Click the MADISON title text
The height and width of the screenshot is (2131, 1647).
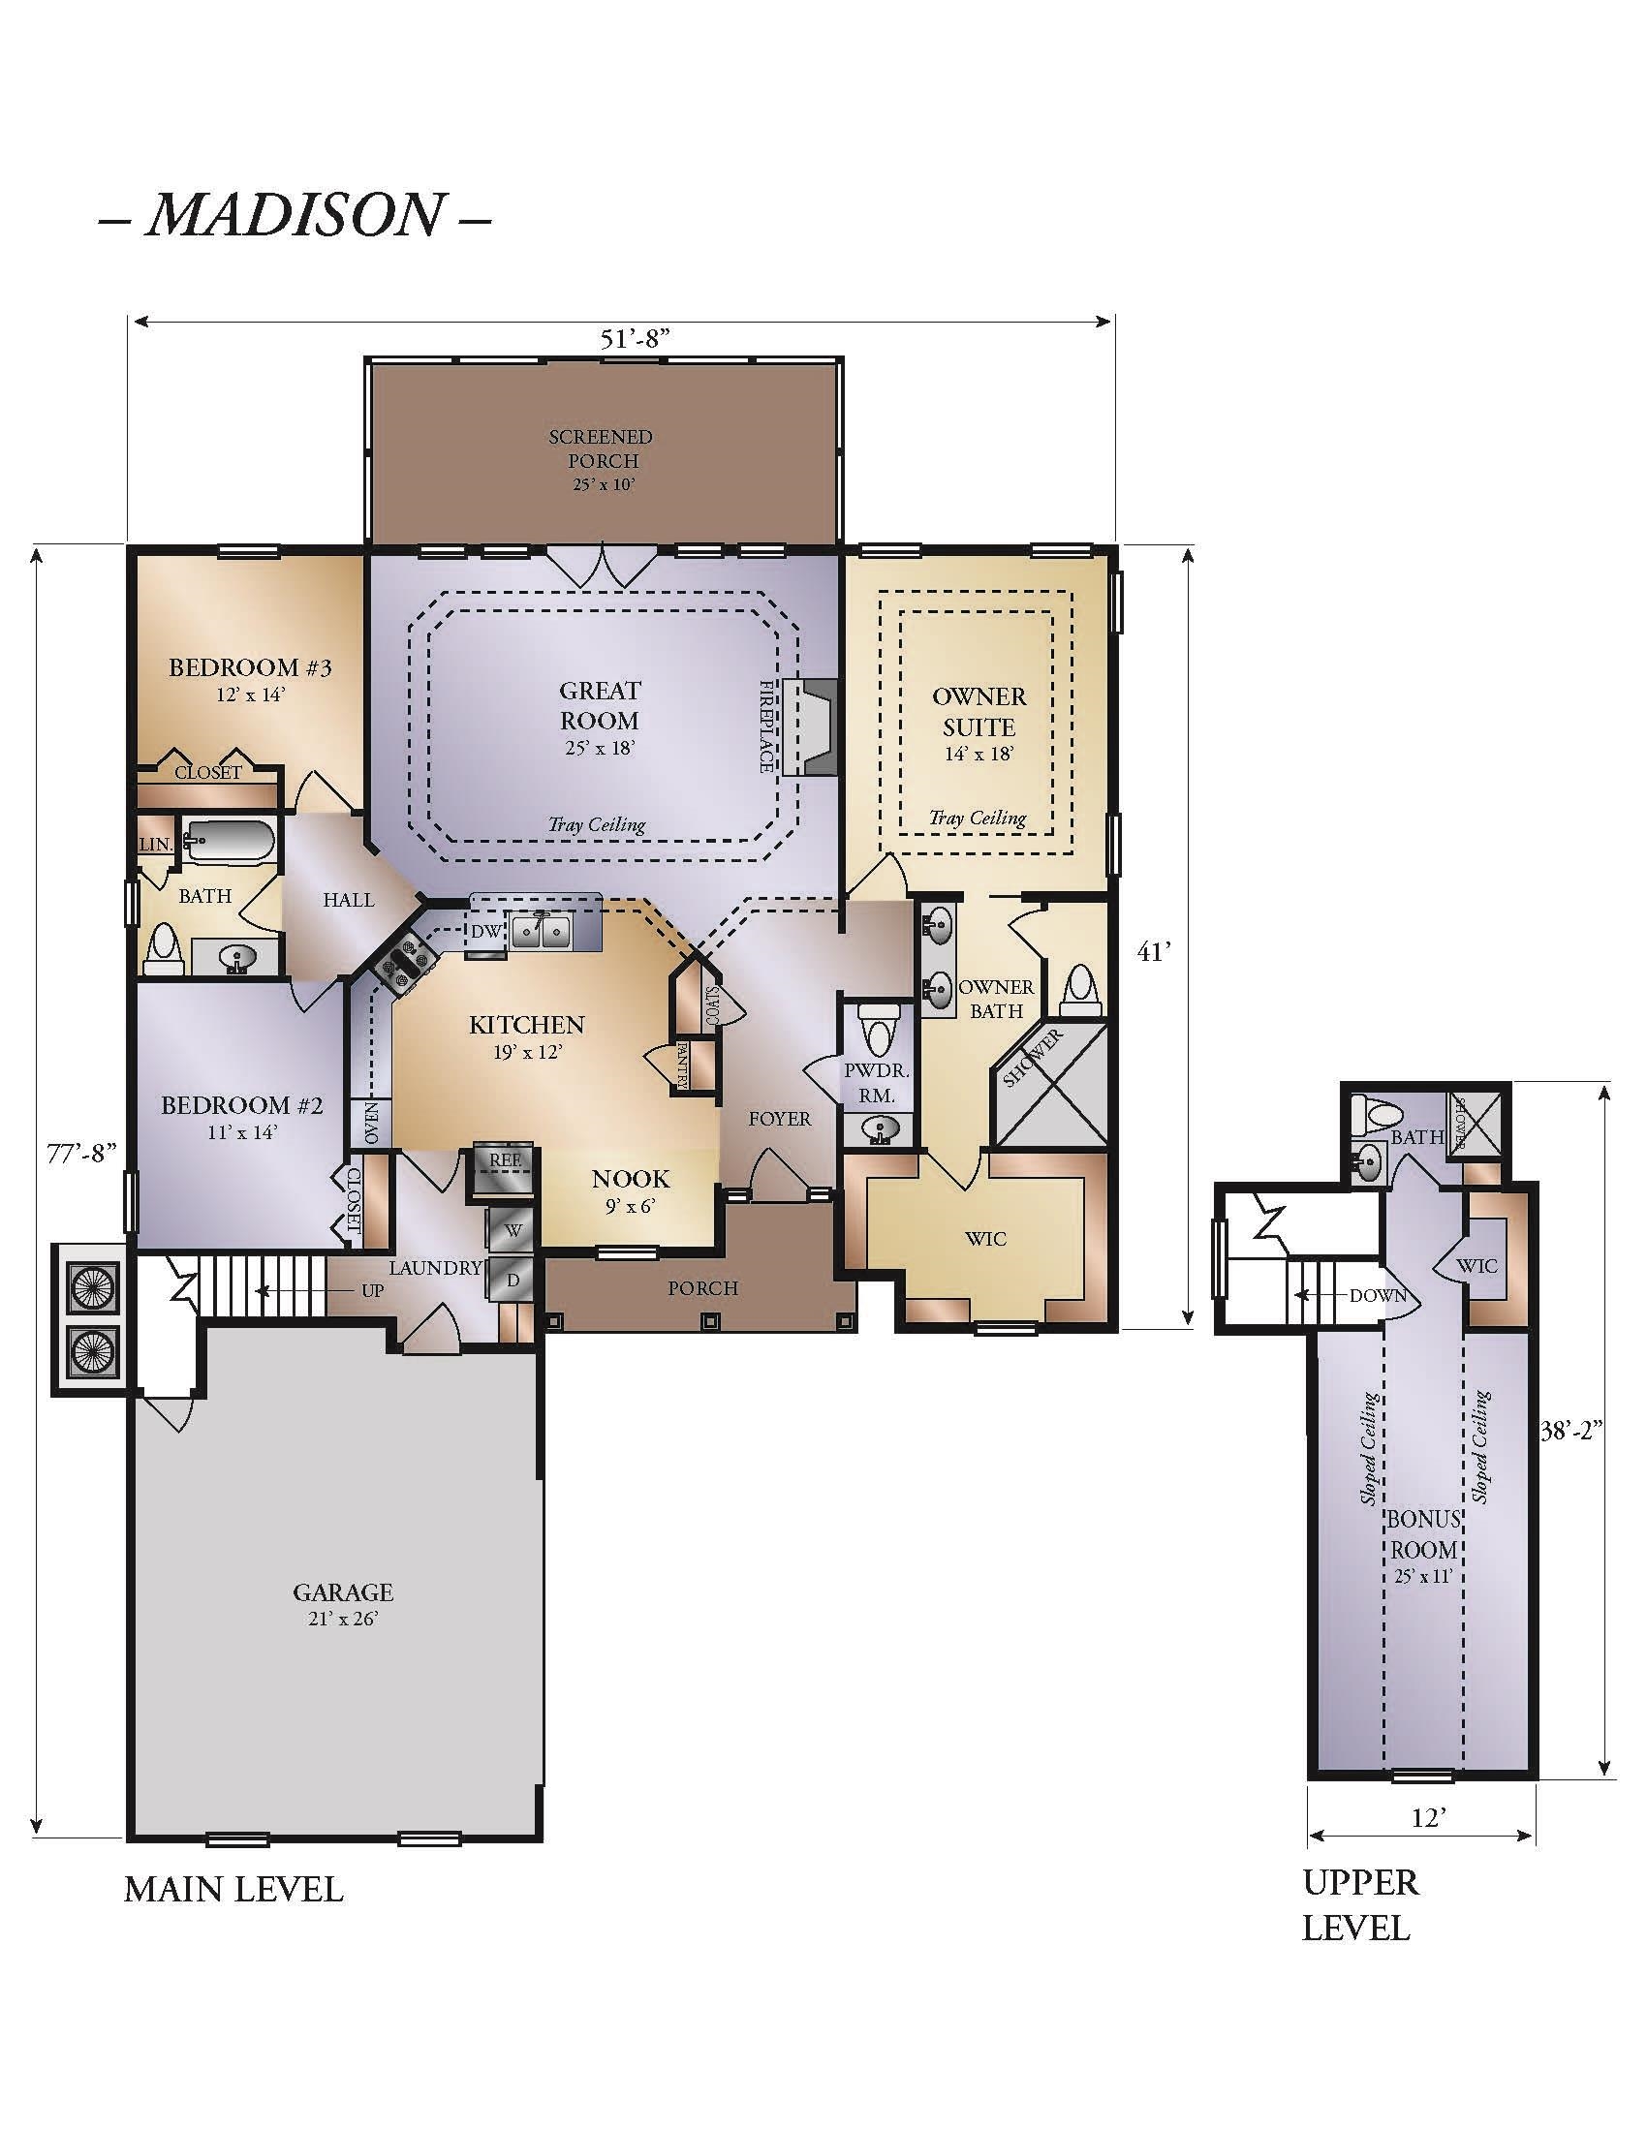[x=294, y=216]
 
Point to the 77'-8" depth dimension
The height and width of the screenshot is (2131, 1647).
[x=82, y=1153]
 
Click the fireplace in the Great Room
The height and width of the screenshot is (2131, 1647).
[x=810, y=726]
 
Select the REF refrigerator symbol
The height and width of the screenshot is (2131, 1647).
[x=505, y=1170]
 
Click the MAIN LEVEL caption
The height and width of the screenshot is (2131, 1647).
[x=234, y=1890]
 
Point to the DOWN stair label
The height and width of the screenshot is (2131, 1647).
[x=1378, y=1296]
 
